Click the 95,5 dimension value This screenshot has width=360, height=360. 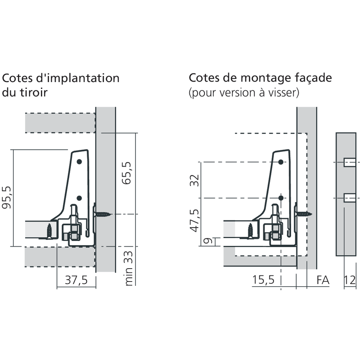(6, 197)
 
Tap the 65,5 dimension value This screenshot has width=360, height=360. (126, 173)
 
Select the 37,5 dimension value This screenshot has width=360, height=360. (76, 280)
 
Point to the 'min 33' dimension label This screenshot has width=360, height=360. (129, 268)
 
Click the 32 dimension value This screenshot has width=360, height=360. (194, 180)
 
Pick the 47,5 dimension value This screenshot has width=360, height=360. (194, 220)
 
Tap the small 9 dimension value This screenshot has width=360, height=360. (208, 241)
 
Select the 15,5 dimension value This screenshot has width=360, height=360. (263, 280)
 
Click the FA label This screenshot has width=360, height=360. (323, 280)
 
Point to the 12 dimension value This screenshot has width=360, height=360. (350, 280)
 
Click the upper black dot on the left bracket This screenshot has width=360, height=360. (79, 162)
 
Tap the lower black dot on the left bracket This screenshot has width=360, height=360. (79, 198)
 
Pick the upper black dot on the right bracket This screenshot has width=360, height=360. (281, 162)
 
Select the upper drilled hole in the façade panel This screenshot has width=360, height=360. (350, 162)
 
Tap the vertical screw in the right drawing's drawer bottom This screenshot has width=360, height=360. (251, 231)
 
